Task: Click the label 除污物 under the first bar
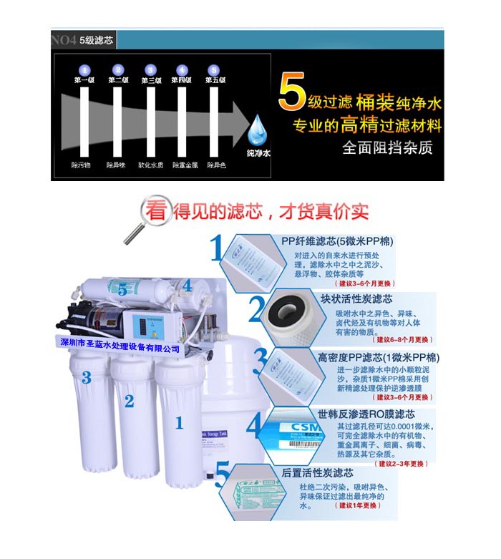81,165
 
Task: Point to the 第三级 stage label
150,80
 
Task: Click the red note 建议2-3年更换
403,464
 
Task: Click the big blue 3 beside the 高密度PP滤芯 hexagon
260,361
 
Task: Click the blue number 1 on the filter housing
180,422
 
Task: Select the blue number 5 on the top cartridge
122,289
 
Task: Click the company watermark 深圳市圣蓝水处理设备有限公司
118,348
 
